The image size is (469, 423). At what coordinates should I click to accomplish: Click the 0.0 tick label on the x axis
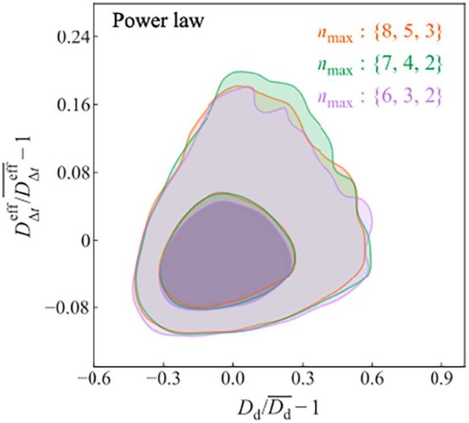click(233, 379)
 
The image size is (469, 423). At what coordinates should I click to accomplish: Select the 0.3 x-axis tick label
click(302, 379)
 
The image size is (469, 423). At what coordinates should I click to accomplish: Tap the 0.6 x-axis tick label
click(371, 379)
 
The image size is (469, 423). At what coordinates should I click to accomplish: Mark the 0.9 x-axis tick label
click(440, 379)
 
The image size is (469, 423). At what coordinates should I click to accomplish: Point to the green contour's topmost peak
click(241, 71)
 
